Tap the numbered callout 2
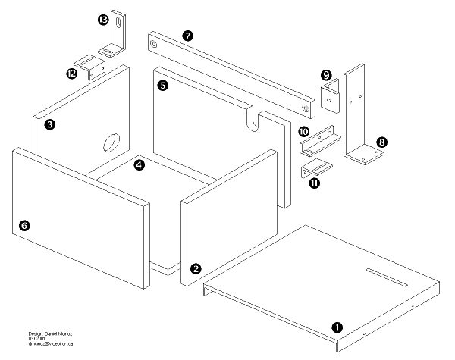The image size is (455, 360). point(196,268)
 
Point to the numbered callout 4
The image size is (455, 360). point(140,163)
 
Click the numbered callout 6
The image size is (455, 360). point(24,225)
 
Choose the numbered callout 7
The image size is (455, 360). point(188,35)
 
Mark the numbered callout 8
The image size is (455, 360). point(381,142)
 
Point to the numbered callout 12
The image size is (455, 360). point(72,74)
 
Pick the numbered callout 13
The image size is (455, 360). point(103,20)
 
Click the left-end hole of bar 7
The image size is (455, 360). point(155,45)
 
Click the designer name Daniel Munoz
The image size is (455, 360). point(54,333)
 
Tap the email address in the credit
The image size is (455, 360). point(51,344)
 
